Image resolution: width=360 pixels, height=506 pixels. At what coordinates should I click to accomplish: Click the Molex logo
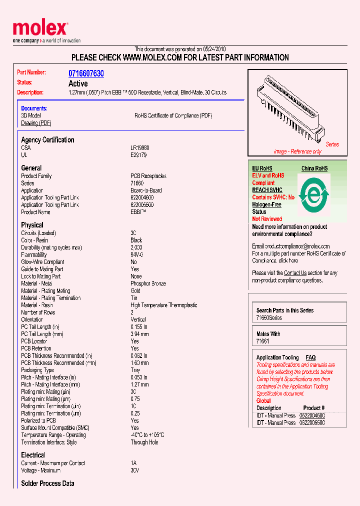(40, 29)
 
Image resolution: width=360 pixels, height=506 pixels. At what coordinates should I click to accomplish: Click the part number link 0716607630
(86, 73)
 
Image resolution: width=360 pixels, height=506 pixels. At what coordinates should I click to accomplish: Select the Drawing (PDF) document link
(36, 123)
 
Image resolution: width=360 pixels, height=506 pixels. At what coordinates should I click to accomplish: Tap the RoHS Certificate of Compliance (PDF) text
(173, 115)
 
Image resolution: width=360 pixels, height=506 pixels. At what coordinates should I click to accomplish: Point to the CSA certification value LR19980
(139, 148)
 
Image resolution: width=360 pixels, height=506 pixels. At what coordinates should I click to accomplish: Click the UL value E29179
(138, 155)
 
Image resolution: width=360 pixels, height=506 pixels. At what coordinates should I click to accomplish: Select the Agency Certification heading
(47, 140)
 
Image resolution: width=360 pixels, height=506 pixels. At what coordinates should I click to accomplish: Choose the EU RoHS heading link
(262, 168)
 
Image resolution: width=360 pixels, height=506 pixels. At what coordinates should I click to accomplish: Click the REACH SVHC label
(267, 190)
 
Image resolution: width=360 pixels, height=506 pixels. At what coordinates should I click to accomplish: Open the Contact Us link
(295, 273)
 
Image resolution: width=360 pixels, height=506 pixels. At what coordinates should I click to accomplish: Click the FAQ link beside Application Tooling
(310, 357)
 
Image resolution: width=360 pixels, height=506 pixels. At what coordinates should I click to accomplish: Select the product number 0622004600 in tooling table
(312, 415)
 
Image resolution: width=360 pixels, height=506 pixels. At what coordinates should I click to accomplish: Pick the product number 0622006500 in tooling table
(312, 422)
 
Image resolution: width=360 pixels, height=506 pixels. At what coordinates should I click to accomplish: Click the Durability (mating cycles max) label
(51, 247)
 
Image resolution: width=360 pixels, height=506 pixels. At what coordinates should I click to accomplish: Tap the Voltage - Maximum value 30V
(134, 470)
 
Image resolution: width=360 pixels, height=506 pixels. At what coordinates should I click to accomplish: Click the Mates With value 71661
(262, 341)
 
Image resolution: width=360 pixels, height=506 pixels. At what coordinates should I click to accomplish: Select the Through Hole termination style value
(144, 442)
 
